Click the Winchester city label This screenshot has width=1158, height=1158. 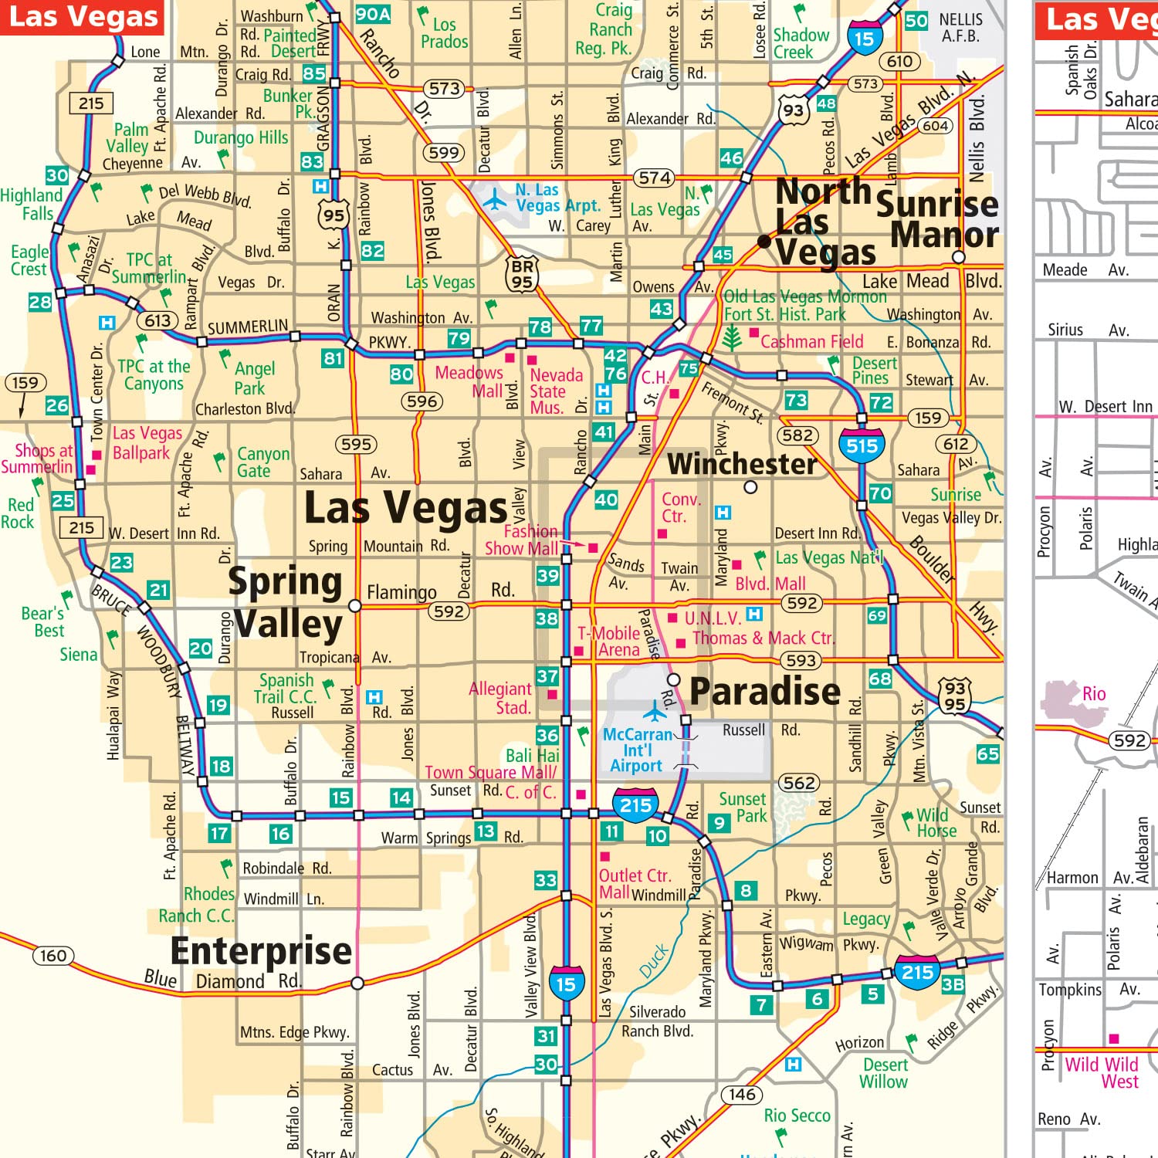click(x=741, y=464)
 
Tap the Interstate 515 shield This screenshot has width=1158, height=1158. click(x=862, y=445)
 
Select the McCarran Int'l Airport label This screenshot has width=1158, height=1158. click(x=636, y=750)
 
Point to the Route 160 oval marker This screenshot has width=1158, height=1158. click(x=53, y=956)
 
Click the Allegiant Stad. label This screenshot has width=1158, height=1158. click(x=501, y=698)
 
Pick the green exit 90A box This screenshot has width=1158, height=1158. click(x=373, y=14)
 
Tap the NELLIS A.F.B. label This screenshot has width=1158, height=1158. click(x=960, y=28)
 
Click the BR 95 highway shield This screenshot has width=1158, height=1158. click(x=523, y=275)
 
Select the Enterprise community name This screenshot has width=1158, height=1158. click(x=261, y=950)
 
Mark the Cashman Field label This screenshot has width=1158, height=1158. click(x=811, y=341)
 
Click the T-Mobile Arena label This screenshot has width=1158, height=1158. click(x=610, y=642)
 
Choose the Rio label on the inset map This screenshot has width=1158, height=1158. click(x=1094, y=693)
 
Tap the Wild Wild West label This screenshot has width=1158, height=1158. click(x=1102, y=1072)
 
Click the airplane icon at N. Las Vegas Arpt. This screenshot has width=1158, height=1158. click(x=495, y=201)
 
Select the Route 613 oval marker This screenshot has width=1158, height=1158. click(x=157, y=320)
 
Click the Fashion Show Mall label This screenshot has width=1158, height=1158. click(x=521, y=540)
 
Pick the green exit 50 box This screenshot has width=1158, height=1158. click(x=916, y=21)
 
